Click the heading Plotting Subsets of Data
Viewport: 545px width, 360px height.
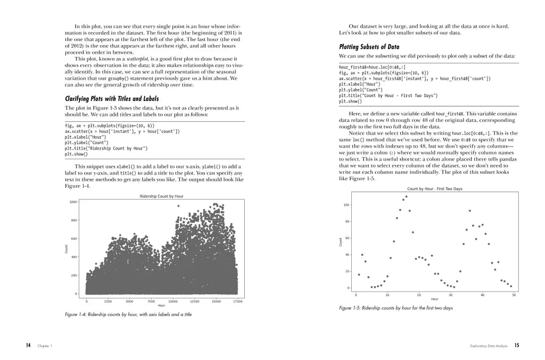369,47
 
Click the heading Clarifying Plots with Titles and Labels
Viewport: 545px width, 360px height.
111,99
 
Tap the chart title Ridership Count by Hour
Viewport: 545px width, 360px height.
161,196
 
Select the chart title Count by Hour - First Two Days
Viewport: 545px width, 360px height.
434,189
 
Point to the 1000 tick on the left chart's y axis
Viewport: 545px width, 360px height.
73,202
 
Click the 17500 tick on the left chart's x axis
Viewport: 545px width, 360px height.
237,301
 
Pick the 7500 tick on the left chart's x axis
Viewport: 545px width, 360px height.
151,301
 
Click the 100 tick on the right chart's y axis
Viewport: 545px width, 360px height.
346,205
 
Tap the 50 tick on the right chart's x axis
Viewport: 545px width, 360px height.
514,295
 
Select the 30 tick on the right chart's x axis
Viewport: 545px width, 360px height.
450,295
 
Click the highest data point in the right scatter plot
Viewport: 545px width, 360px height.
406,197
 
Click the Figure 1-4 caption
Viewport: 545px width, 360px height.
128,314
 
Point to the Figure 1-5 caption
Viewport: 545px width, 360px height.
395,308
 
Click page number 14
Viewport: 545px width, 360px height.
28,346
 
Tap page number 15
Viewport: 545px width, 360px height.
516,346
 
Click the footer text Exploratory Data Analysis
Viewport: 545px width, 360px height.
489,346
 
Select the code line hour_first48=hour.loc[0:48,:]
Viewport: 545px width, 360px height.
371,68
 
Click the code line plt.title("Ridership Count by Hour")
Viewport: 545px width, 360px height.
106,148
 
